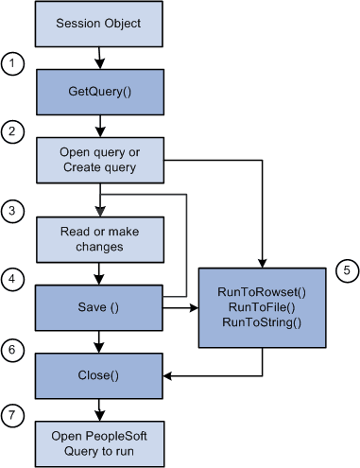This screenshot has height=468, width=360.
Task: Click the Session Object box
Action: coord(98,23)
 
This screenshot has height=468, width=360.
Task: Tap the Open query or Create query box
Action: coord(98,160)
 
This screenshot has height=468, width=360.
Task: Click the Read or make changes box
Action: coord(98,240)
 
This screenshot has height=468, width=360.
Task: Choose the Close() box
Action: coord(98,375)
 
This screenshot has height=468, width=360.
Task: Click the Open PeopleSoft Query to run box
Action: coord(98,440)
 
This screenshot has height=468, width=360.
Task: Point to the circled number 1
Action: coord(12,64)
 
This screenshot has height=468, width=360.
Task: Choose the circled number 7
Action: coord(12,415)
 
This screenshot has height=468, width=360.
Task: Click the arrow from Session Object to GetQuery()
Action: coord(98,60)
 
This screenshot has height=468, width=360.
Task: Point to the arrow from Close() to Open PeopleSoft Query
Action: coord(98,409)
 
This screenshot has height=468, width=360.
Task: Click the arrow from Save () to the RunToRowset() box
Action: coord(180,306)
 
